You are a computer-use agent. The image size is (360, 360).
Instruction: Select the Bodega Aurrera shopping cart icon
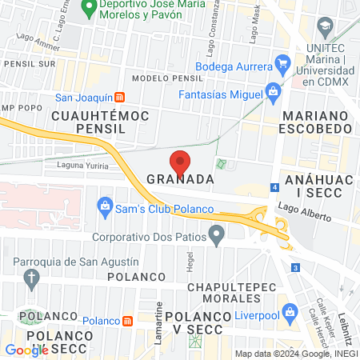(281, 62)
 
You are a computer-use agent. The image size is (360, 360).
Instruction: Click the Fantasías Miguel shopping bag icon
(272, 90)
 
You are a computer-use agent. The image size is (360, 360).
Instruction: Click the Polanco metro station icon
(128, 321)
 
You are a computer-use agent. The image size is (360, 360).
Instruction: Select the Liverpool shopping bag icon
(286, 308)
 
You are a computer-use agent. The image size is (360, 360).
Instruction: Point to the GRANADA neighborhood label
(181, 180)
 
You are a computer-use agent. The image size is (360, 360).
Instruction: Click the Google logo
(26, 349)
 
